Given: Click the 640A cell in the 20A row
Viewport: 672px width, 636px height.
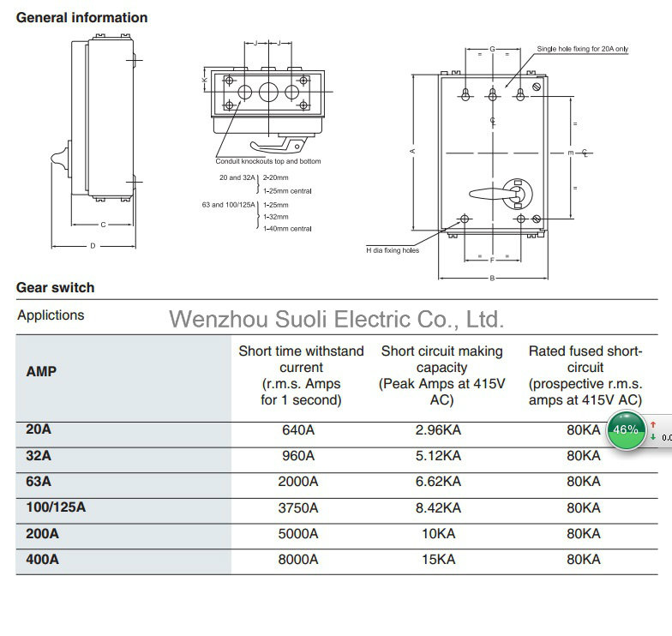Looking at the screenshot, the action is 298,430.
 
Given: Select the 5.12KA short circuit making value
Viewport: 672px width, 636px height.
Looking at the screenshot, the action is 438,456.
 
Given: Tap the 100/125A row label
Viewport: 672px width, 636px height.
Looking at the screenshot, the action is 56,507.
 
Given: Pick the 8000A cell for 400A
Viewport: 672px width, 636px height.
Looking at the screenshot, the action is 298,559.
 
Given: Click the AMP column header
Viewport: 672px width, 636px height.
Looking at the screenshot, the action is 41,371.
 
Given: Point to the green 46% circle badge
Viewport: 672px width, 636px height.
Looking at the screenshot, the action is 626,430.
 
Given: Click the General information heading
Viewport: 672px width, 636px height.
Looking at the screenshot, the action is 82,17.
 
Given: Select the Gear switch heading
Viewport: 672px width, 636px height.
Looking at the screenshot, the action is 55,288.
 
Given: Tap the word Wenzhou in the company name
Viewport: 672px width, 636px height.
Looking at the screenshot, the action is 219,319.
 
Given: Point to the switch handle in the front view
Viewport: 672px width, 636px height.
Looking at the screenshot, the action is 493,194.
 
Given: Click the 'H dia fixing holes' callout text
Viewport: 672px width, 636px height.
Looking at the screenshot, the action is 393,250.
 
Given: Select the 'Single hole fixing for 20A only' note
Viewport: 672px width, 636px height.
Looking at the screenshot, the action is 583,49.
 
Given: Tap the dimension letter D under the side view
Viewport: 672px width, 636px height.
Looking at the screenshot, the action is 93,246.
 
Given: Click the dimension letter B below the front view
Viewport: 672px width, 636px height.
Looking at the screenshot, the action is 492,278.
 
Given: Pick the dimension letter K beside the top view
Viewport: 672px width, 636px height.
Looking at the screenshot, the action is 205,80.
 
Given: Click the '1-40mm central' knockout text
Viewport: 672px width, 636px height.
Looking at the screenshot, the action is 287,229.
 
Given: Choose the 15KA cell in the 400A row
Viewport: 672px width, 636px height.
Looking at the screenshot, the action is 438,559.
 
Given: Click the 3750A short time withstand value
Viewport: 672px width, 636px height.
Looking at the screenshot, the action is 298,507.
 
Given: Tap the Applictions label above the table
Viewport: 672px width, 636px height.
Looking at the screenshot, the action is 51,315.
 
